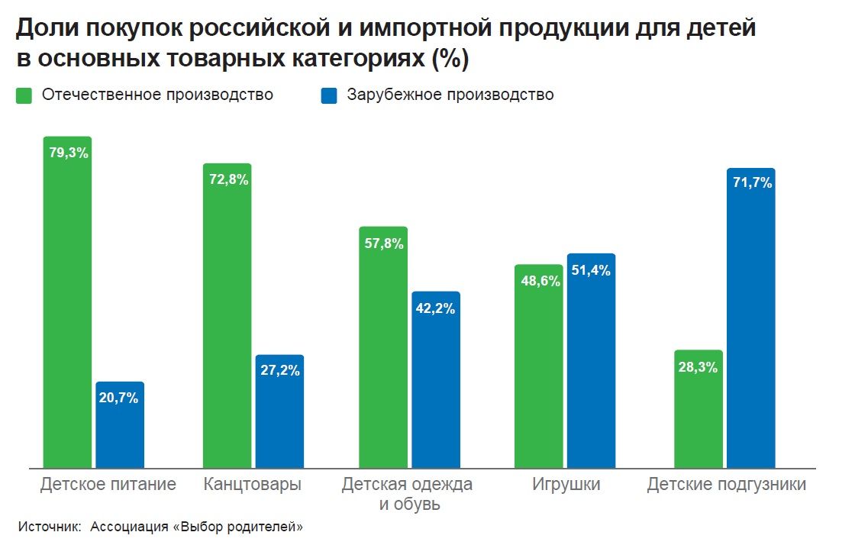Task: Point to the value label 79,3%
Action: point(69,153)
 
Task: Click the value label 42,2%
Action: point(436,308)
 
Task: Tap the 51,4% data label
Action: point(591,270)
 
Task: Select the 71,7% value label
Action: point(751,183)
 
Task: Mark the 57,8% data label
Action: point(384,243)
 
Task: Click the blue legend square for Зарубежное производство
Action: point(329,96)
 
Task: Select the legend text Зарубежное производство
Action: point(450,95)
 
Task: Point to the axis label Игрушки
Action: point(566,484)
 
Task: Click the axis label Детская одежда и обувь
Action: point(407,494)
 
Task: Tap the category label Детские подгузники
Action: point(726,484)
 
